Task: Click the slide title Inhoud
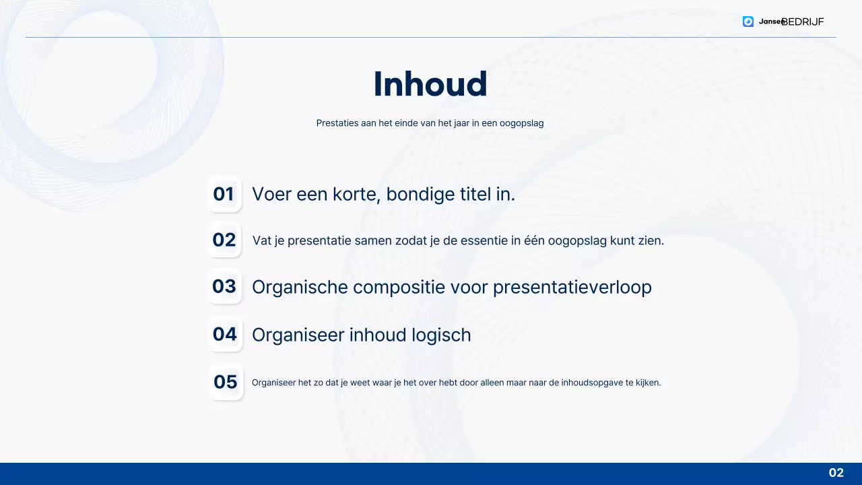tap(430, 84)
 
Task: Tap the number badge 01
tap(224, 194)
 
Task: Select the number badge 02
tap(224, 240)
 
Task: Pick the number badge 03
tap(224, 286)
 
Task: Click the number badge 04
tap(225, 334)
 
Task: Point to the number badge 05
tap(226, 382)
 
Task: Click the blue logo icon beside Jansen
tap(748, 22)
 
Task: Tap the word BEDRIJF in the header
tap(803, 22)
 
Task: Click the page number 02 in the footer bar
tap(836, 473)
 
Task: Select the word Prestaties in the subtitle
tap(337, 123)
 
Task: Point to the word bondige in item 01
tap(422, 194)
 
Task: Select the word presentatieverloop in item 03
tap(572, 287)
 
